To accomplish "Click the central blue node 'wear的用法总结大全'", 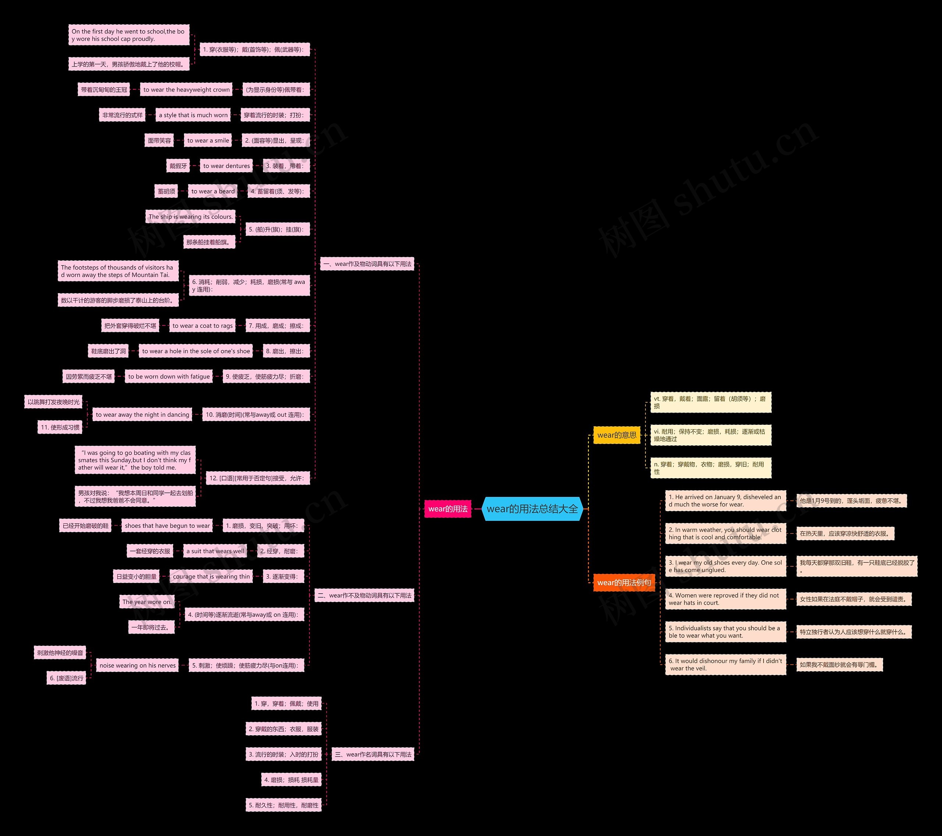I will (x=532, y=509).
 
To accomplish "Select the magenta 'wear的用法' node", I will (x=447, y=509).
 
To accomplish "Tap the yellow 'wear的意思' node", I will (x=617, y=435).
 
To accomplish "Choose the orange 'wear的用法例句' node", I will (x=624, y=583).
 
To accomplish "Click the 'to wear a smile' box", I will (x=208, y=140).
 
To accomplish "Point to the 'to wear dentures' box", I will (x=226, y=166).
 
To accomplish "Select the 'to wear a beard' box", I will (x=213, y=191).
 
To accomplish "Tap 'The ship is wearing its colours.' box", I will (x=190, y=217).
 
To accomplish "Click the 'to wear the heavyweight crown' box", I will (x=186, y=90).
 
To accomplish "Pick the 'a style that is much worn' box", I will (x=193, y=115).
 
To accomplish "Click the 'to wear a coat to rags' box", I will (x=202, y=325).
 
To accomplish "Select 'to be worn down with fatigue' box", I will (x=169, y=376).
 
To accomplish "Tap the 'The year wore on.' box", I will (x=146, y=602).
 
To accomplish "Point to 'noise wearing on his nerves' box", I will (x=137, y=666).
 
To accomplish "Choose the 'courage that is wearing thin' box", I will (x=211, y=577).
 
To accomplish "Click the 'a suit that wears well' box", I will (x=215, y=551).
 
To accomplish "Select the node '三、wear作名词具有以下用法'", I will (x=373, y=754).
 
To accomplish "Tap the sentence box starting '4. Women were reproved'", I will (x=725, y=599).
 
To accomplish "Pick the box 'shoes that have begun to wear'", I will (x=167, y=526).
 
